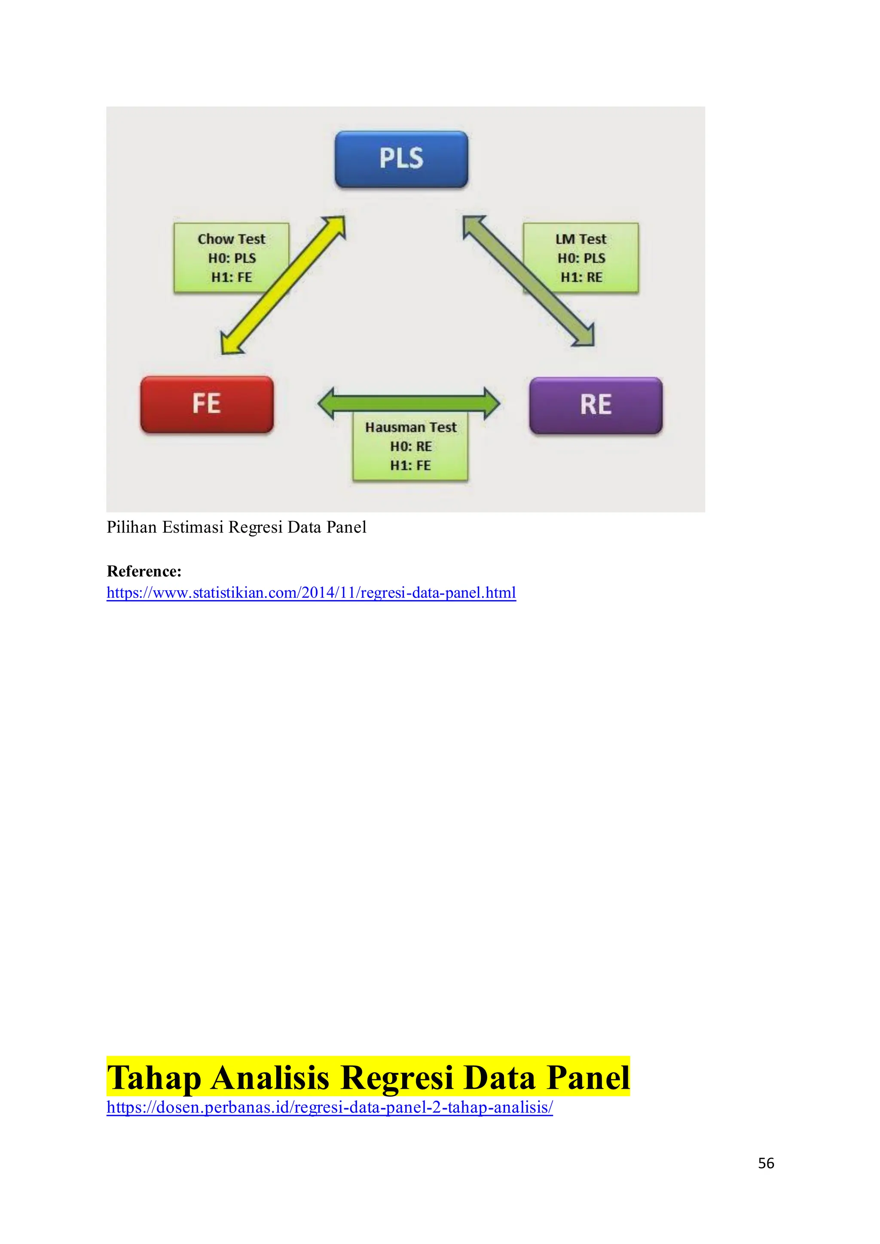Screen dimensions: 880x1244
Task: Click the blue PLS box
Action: coord(401,159)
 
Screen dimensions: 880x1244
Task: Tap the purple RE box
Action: coord(596,405)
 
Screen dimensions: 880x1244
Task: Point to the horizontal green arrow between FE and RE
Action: coord(409,403)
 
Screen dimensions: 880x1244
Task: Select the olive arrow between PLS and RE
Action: coord(529,281)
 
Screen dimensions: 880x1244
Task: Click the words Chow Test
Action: coord(231,239)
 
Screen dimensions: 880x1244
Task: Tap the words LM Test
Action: coord(581,239)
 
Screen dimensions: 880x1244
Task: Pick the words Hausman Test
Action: coord(411,427)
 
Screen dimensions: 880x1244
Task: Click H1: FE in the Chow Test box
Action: coord(231,277)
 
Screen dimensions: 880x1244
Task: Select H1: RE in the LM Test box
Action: coord(581,277)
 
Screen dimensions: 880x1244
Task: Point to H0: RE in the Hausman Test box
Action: coord(411,446)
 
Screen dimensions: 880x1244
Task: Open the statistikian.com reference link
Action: coord(311,593)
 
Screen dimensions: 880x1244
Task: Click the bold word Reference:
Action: coord(144,571)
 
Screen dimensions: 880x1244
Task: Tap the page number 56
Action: coord(766,1163)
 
